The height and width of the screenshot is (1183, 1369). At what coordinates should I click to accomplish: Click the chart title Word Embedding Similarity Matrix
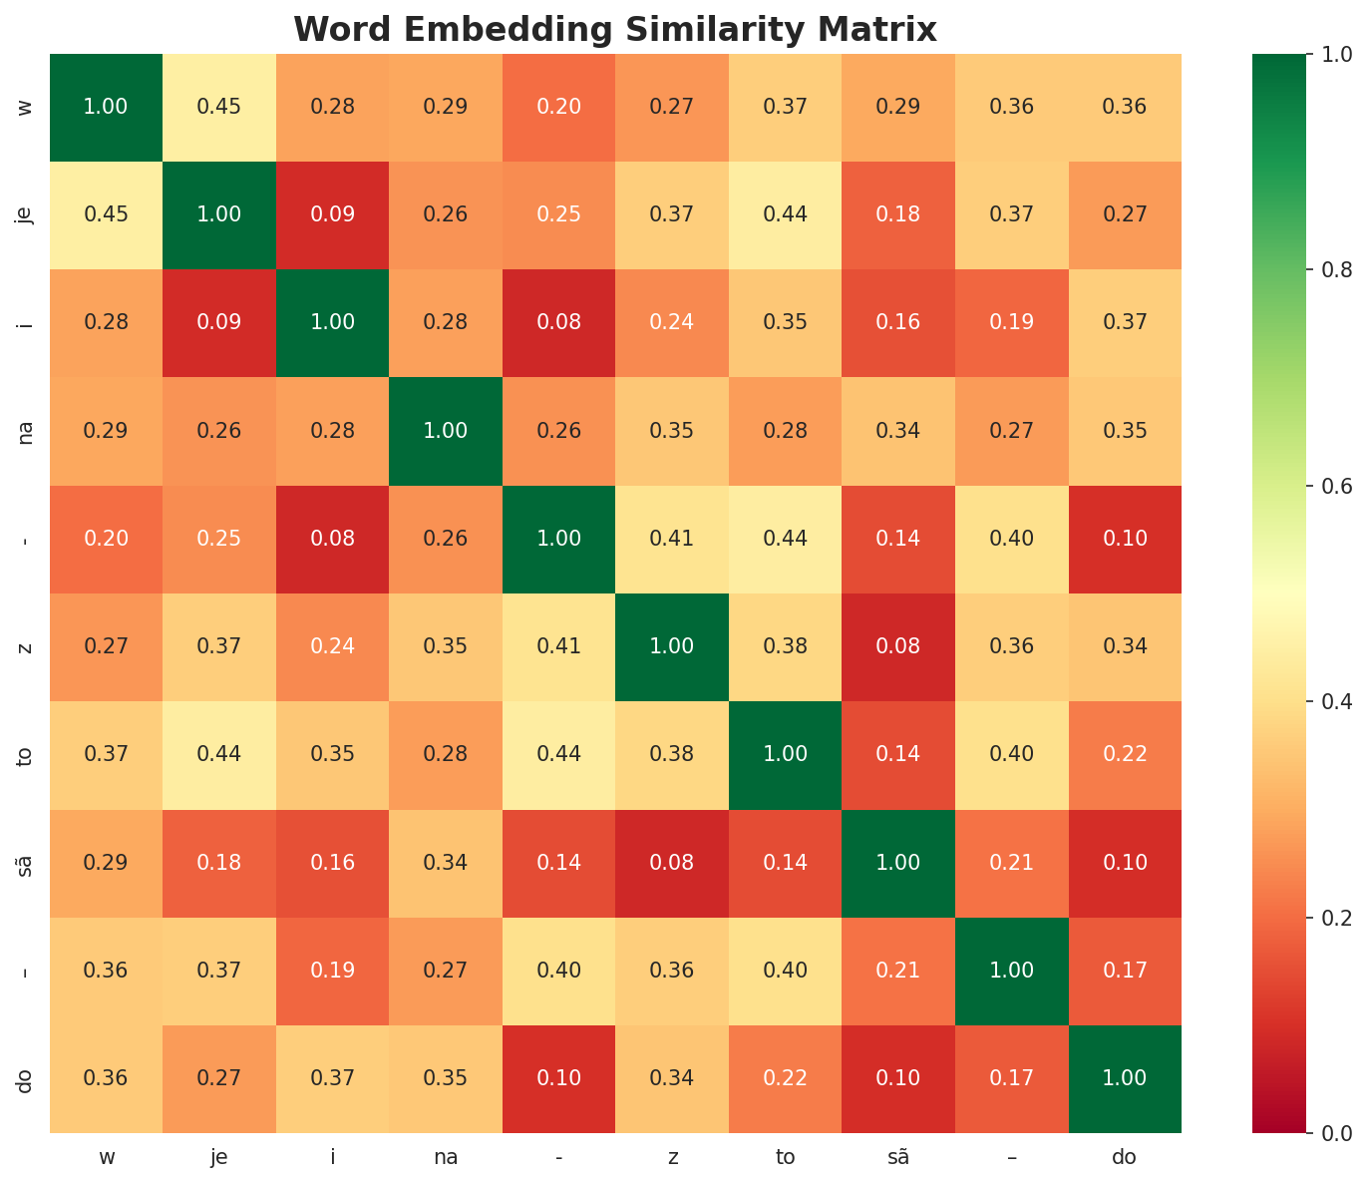click(x=615, y=30)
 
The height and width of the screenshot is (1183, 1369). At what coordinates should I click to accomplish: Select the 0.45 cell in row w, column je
click(x=219, y=107)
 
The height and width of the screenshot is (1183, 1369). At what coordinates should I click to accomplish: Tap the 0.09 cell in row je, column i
click(x=332, y=214)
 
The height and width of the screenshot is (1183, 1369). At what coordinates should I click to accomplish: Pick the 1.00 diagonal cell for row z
click(x=672, y=646)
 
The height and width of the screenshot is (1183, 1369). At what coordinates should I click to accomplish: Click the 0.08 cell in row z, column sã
click(x=898, y=646)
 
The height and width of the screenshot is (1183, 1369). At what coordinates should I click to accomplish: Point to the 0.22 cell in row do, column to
click(x=785, y=1078)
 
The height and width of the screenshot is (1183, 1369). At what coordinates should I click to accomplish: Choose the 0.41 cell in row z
click(x=558, y=646)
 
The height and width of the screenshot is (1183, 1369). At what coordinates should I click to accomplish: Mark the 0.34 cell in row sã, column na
click(x=446, y=863)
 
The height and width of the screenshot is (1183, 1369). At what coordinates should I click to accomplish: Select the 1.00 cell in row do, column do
click(x=1125, y=1078)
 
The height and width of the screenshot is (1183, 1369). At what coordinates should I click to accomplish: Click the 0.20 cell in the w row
click(x=558, y=107)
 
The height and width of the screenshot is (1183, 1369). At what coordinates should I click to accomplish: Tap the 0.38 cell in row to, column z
click(x=672, y=754)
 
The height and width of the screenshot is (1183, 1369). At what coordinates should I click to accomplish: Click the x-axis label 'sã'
click(x=898, y=1157)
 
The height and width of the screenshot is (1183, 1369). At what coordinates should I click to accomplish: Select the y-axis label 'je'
click(x=26, y=214)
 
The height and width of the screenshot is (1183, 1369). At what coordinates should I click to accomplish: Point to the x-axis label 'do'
click(x=1125, y=1157)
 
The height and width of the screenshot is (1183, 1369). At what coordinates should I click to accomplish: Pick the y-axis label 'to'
click(x=26, y=754)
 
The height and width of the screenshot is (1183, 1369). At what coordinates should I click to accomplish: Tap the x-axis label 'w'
click(x=106, y=1157)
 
